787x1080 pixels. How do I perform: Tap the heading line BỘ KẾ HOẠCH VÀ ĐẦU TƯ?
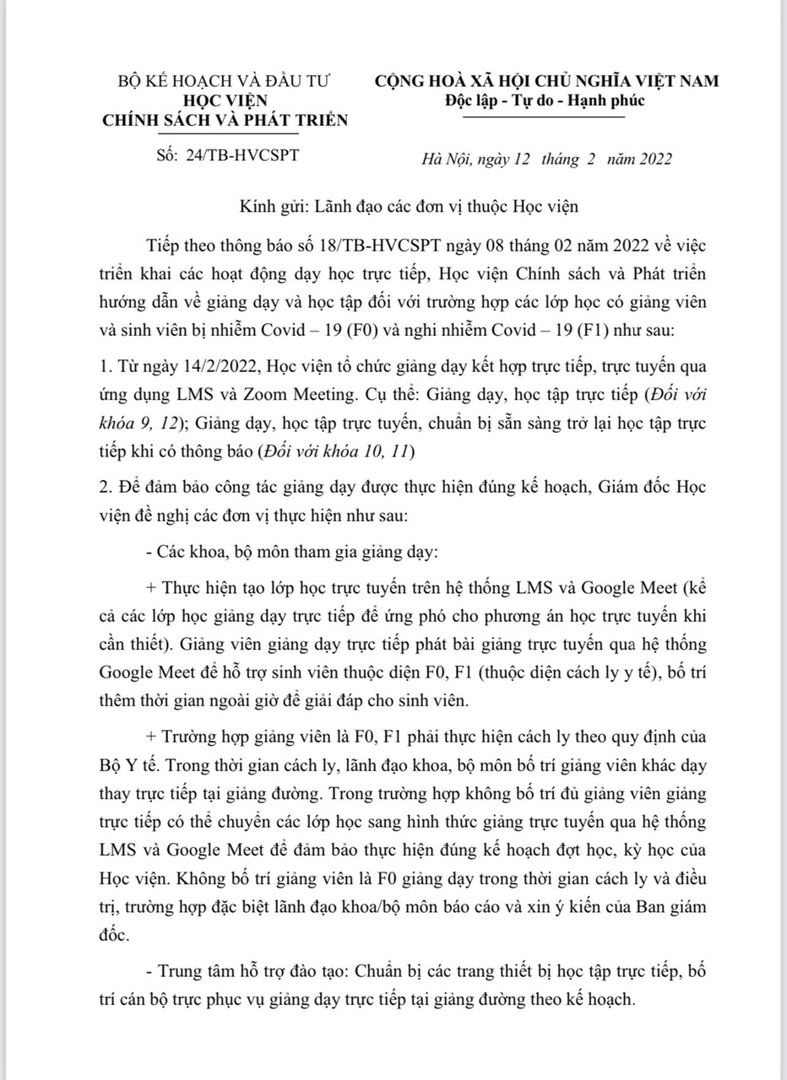point(224,82)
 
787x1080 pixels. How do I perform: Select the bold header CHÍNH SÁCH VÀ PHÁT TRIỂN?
point(225,120)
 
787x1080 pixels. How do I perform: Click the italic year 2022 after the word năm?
point(650,159)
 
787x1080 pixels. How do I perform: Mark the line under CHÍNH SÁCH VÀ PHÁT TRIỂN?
point(225,134)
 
